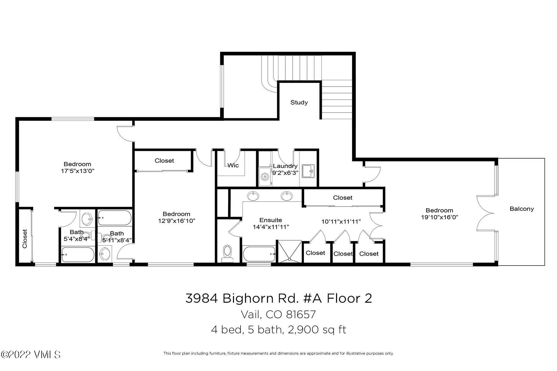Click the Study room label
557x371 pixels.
click(x=299, y=102)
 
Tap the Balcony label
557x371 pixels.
click(x=522, y=209)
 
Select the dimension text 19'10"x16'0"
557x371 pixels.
click(x=439, y=217)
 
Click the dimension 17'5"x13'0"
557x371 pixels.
click(x=77, y=171)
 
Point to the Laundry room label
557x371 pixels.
click(x=285, y=166)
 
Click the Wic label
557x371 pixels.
click(x=233, y=165)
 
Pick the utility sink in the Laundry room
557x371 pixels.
click(x=308, y=171)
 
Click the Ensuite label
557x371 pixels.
click(x=271, y=220)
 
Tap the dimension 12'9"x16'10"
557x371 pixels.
click(x=176, y=221)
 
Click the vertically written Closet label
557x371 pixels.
click(x=25, y=239)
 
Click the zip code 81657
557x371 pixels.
click(x=301, y=314)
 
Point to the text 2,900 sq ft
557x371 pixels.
click(x=317, y=330)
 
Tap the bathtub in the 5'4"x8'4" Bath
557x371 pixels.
click(x=78, y=255)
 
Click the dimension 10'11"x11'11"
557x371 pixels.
click(x=341, y=221)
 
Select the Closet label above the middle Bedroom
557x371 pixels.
click(x=164, y=160)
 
